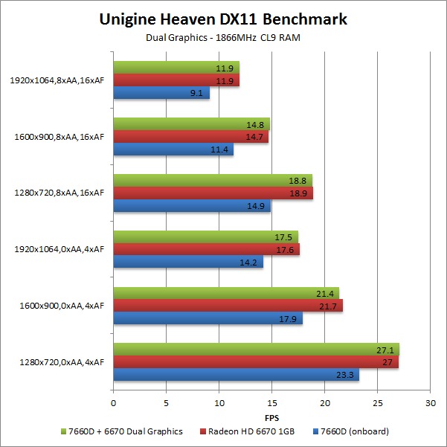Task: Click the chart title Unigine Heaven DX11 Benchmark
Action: click(x=222, y=20)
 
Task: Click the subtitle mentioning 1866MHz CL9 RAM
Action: click(x=222, y=38)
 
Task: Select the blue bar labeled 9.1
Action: click(x=161, y=93)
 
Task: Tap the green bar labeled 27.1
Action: click(x=255, y=349)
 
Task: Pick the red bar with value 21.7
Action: click(x=227, y=306)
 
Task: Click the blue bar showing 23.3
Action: click(x=235, y=375)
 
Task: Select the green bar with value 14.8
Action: click(x=190, y=123)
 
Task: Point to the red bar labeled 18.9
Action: click(x=212, y=193)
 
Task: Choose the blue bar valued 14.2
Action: click(x=187, y=262)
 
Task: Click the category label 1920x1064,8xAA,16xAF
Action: click(x=57, y=80)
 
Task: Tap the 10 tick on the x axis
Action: click(x=219, y=402)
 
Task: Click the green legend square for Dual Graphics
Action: click(x=64, y=431)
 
